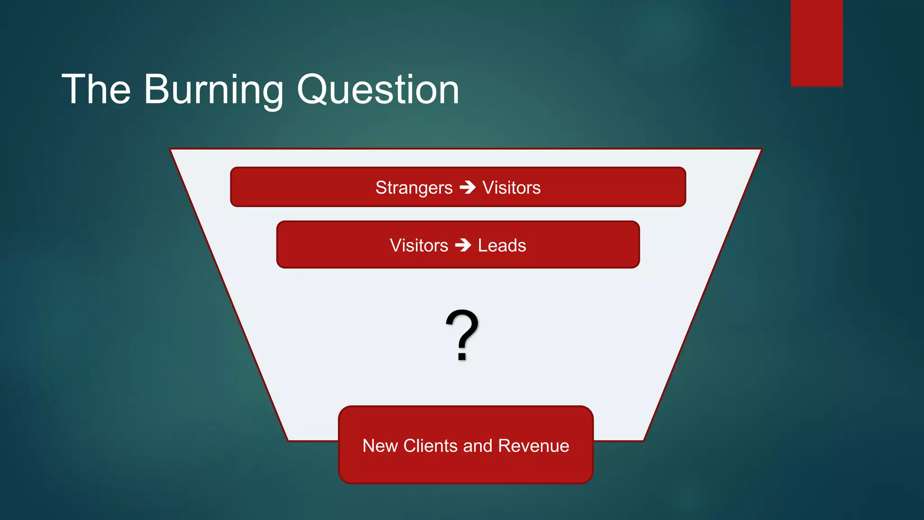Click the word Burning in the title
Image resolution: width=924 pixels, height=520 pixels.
213,90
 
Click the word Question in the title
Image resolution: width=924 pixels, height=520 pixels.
378,90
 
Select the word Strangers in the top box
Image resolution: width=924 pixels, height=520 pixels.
414,188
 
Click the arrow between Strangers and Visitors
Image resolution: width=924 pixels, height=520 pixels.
468,187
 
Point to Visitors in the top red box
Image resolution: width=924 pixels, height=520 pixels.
512,188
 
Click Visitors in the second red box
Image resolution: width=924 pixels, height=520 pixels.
419,246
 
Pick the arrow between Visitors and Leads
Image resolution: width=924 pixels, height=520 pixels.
463,246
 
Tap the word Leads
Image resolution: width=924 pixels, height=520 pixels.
502,246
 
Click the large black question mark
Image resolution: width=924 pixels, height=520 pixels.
462,332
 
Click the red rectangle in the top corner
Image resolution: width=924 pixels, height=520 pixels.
817,43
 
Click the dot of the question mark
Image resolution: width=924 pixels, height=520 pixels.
462,357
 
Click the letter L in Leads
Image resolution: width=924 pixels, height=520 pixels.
482,246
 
